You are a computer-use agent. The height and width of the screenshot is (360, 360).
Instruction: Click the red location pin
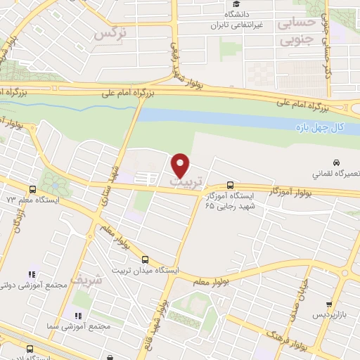[181, 165]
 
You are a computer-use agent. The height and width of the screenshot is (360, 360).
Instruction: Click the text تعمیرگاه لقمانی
[335, 173]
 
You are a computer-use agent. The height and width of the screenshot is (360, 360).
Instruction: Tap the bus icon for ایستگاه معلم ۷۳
[32, 189]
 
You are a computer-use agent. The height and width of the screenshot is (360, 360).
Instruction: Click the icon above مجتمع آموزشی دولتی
[31, 274]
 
